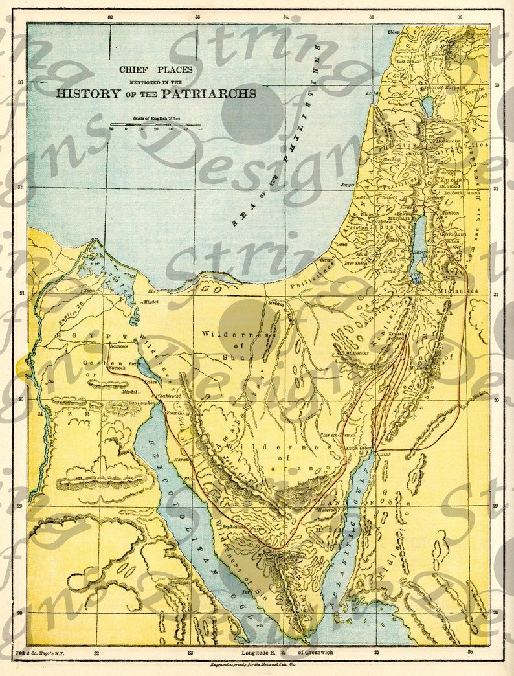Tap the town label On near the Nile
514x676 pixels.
point(50,382)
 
